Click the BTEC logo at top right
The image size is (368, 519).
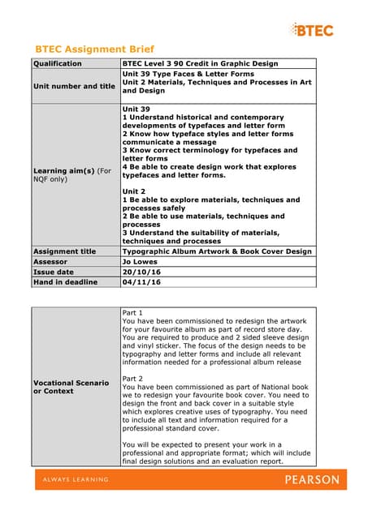pyautogui.click(x=314, y=31)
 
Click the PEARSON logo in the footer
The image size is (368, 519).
pyautogui.click(x=312, y=480)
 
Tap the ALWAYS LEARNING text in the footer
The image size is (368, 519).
pyautogui.click(x=72, y=480)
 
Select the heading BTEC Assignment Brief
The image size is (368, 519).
pyautogui.click(x=94, y=49)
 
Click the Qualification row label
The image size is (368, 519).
pyautogui.click(x=57, y=63)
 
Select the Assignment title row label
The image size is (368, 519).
pyautogui.click(x=64, y=251)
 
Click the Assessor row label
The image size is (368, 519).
pyautogui.click(x=50, y=262)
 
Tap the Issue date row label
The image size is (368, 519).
pyautogui.click(x=54, y=272)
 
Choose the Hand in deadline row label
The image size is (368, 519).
pyautogui.click(x=65, y=283)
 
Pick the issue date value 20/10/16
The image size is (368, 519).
pyautogui.click(x=142, y=272)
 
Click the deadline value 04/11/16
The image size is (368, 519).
pyautogui.click(x=142, y=283)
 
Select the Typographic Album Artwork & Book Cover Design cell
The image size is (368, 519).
pyautogui.click(x=216, y=251)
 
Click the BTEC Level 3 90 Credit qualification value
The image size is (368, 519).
pyautogui.click(x=199, y=63)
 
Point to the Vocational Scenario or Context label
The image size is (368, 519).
pyautogui.click(x=70, y=386)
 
